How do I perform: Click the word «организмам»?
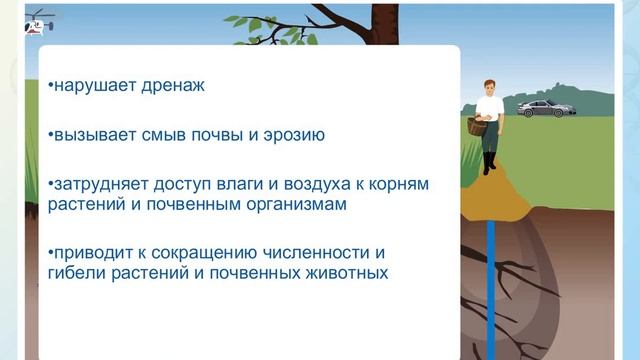[x=298, y=205]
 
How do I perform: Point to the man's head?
[x=488, y=87]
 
